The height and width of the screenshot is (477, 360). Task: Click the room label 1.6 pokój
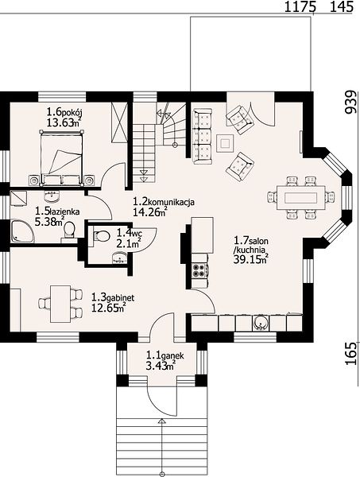click(x=64, y=112)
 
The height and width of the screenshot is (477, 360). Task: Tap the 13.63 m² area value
click(x=64, y=122)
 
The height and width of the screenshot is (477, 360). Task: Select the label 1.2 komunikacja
click(x=164, y=201)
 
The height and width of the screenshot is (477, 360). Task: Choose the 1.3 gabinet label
click(x=113, y=297)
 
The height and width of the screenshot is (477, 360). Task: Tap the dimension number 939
click(x=350, y=102)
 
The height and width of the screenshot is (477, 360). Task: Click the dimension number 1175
click(x=300, y=6)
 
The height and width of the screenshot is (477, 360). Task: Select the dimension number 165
click(x=351, y=353)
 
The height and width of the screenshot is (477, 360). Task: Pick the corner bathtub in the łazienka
click(x=22, y=231)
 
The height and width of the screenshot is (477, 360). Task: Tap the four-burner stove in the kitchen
click(x=199, y=270)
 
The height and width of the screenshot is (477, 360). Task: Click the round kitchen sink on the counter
click(x=261, y=323)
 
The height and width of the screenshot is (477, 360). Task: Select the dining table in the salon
click(x=300, y=198)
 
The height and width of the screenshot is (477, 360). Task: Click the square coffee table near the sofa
click(x=225, y=143)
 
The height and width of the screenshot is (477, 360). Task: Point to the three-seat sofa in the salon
click(x=202, y=137)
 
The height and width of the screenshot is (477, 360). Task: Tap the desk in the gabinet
click(x=61, y=304)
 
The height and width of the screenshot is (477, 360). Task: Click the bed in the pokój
click(x=62, y=157)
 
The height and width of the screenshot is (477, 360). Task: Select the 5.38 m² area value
click(x=49, y=222)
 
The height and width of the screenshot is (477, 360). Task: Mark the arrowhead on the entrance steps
click(x=162, y=421)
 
